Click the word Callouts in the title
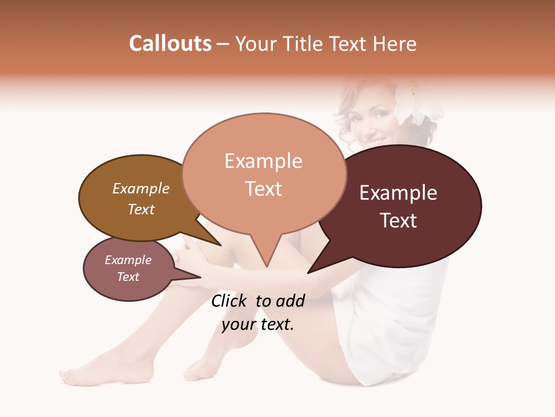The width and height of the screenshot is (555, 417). [170, 43]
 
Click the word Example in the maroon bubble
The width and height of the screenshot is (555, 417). [398, 193]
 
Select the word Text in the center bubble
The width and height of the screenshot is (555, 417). [264, 189]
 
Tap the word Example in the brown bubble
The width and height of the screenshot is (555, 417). [141, 188]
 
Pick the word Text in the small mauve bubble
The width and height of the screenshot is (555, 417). [128, 277]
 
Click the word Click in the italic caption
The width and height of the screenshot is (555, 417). [230, 301]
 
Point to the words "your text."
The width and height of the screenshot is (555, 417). [258, 324]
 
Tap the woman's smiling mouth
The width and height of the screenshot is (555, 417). [373, 141]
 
